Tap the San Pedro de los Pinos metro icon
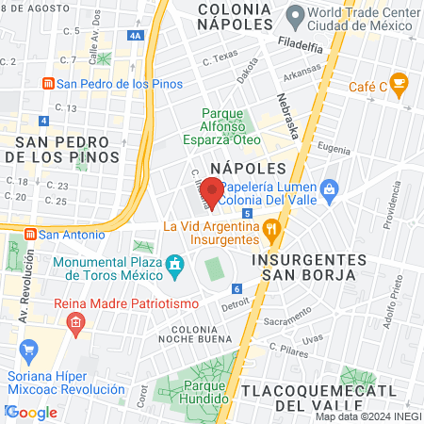pyautogui.click(x=47, y=83)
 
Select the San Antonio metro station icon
pyautogui.click(x=29, y=234)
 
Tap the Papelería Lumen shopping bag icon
pyautogui.click(x=328, y=189)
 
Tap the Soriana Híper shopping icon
pyautogui.click(x=27, y=351)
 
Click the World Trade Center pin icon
pyautogui.click(x=296, y=15)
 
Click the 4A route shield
pyautogui.click(x=137, y=35)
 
